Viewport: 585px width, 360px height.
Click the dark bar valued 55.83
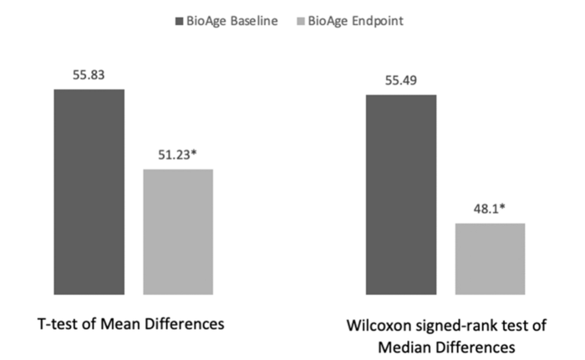coord(89,191)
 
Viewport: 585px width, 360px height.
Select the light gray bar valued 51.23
coord(178,231)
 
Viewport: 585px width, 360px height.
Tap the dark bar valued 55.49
coord(401,195)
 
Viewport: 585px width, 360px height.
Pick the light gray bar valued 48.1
coord(490,259)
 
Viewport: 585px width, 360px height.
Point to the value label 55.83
coord(89,75)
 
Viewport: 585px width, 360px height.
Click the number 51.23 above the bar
coord(175,155)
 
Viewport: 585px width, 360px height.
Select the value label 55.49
coord(401,81)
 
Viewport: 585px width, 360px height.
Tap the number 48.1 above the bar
coord(486,210)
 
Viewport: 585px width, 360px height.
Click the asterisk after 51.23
coord(195,154)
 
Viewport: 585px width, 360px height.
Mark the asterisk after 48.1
coord(503,208)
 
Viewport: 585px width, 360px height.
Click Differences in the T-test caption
coord(186,323)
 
